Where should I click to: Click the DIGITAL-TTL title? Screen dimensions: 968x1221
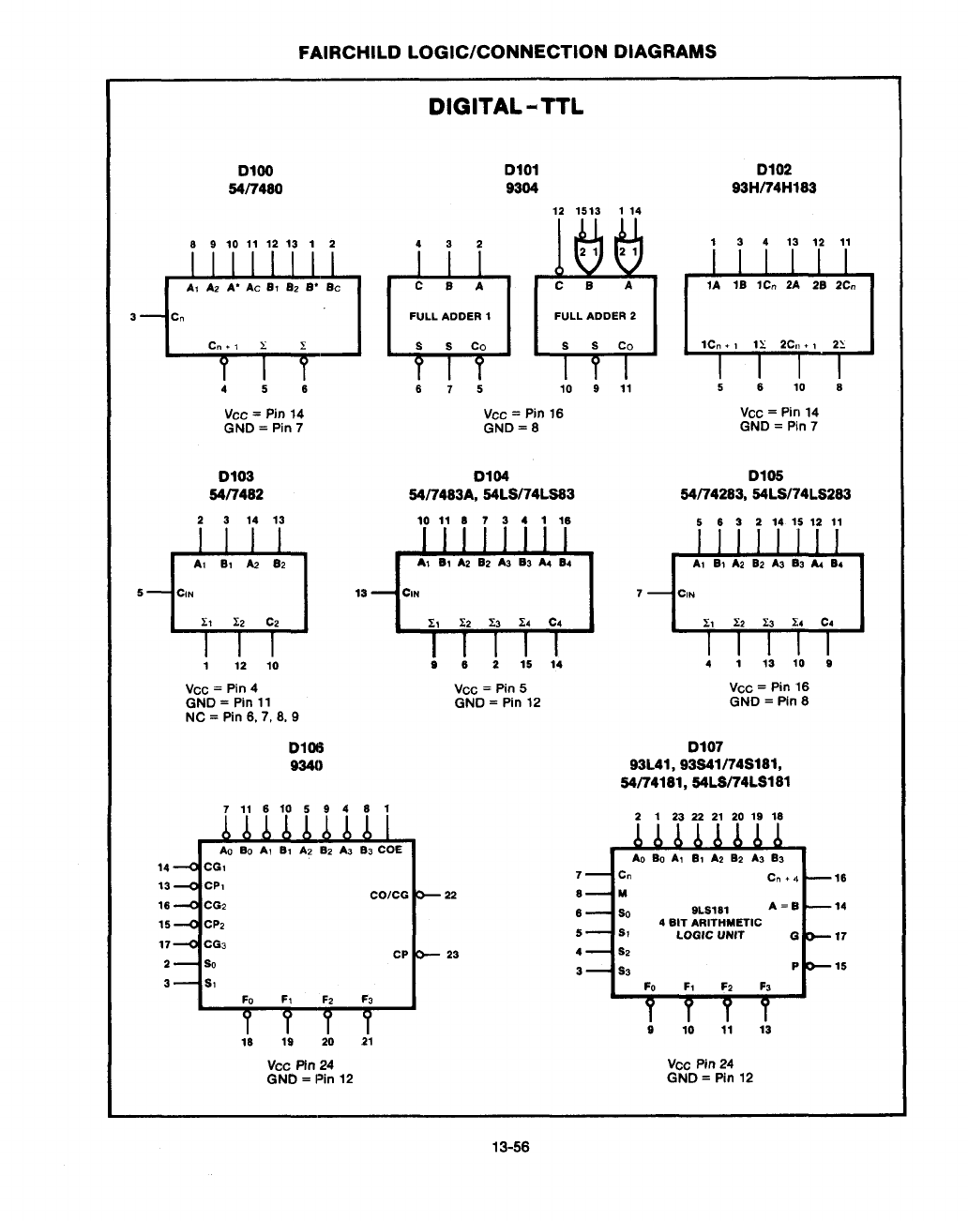[x=506, y=107]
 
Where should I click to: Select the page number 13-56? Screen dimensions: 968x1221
[x=510, y=1147]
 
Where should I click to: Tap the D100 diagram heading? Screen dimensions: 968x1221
[x=255, y=171]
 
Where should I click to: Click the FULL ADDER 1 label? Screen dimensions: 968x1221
[x=450, y=316]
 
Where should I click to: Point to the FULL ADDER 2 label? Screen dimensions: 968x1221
[x=595, y=315]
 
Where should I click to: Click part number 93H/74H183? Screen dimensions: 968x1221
[x=774, y=188]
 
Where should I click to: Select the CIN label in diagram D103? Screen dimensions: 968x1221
[x=185, y=594]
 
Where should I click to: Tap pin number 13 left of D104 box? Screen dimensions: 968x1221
[x=361, y=594]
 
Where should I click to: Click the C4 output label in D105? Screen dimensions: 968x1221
[x=826, y=623]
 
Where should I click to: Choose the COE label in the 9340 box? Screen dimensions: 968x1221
[x=390, y=850]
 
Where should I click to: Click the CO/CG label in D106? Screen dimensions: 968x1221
[x=389, y=895]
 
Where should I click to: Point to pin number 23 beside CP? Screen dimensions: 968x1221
[x=452, y=955]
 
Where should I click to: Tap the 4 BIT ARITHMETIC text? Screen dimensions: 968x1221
[x=710, y=923]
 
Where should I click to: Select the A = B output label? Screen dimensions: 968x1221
[x=783, y=906]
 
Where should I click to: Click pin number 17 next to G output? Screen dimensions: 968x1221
[x=840, y=936]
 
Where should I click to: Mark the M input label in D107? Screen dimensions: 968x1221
[x=623, y=894]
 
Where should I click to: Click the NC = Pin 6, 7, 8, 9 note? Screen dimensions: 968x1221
[x=242, y=717]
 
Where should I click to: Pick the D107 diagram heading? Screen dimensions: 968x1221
[x=705, y=746]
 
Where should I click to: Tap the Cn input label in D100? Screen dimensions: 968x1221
[x=177, y=317]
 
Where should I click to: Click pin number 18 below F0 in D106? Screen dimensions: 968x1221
[x=247, y=1042]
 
